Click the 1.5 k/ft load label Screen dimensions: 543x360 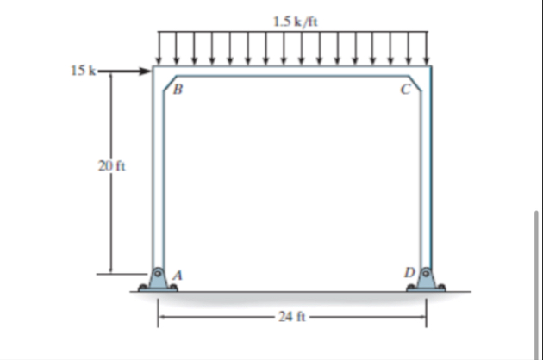click(x=296, y=22)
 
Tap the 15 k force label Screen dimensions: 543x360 click(x=83, y=71)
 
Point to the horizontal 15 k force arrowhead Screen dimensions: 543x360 click(x=146, y=71)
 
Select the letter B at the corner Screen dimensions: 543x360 click(x=178, y=90)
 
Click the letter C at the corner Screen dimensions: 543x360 click(x=405, y=90)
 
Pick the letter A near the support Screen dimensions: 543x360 click(x=178, y=276)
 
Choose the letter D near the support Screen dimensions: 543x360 click(x=409, y=273)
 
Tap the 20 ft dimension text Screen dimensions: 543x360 click(x=111, y=166)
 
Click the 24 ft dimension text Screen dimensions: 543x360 click(x=292, y=317)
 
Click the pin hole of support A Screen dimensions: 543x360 click(x=158, y=274)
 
